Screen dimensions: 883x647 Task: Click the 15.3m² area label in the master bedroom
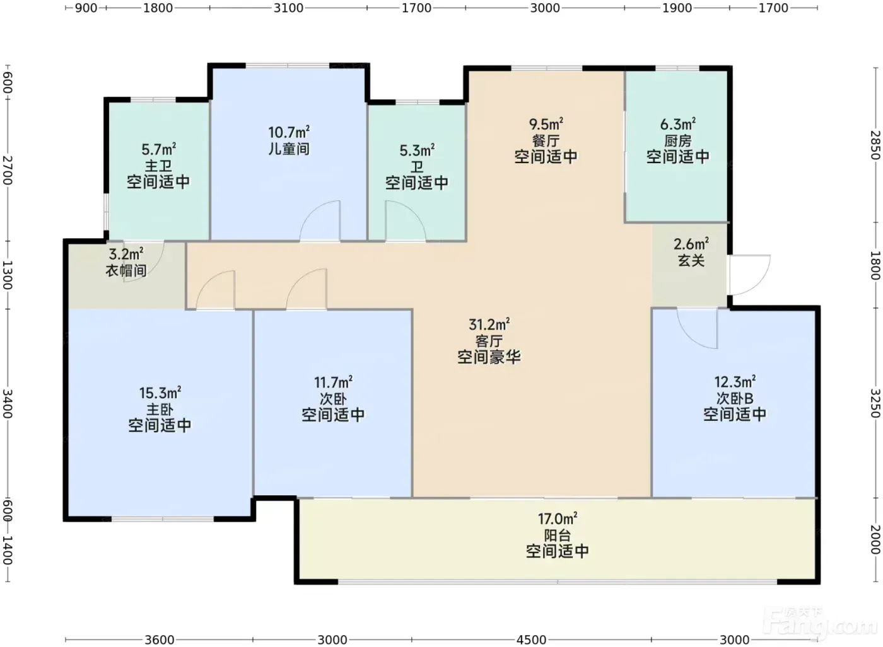[160, 392]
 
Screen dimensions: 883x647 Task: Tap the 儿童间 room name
[289, 149]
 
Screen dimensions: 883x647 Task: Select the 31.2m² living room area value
[489, 324]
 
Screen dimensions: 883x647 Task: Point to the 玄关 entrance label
[691, 261]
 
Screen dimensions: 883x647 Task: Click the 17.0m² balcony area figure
[558, 518]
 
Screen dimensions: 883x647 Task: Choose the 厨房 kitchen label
[678, 140]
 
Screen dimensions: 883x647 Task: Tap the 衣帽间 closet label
[126, 270]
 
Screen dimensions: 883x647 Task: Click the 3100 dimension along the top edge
[289, 8]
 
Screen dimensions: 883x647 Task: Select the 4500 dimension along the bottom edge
[531, 640]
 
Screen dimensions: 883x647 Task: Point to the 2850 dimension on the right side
[875, 146]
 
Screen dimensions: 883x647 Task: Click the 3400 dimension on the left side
[8, 404]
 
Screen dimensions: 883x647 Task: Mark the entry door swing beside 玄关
[749, 275]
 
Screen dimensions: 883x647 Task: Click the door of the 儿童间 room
[320, 220]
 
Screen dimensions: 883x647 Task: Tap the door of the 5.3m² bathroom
[406, 220]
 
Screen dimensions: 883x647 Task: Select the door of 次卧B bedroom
[698, 328]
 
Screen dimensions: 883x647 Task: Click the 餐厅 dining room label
[546, 140]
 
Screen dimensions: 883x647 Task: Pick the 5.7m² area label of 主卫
[159, 149]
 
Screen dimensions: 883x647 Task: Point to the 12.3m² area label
[735, 382]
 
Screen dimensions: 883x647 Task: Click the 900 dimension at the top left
[86, 8]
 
